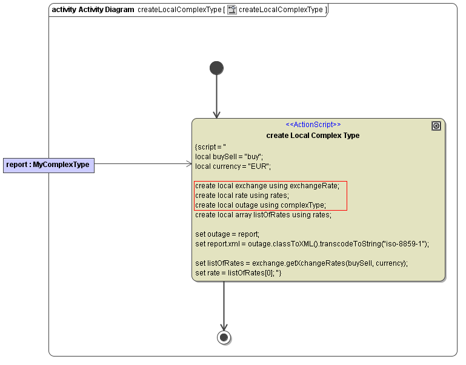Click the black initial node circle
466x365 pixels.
(x=216, y=68)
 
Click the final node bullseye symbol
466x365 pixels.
(x=224, y=337)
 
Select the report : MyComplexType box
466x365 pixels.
(x=48, y=164)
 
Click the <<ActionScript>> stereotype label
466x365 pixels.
(x=313, y=125)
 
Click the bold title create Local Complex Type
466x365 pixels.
(x=313, y=136)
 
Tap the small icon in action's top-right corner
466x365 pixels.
(x=436, y=126)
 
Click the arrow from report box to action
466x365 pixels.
(x=143, y=163)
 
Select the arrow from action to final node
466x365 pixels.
(x=224, y=306)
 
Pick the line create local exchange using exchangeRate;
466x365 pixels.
(x=267, y=186)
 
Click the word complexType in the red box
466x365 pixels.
(x=303, y=205)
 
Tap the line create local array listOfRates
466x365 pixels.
(x=263, y=215)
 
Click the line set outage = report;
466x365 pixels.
(x=227, y=234)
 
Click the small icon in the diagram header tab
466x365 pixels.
(x=232, y=10)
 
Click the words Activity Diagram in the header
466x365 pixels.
(x=106, y=10)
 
